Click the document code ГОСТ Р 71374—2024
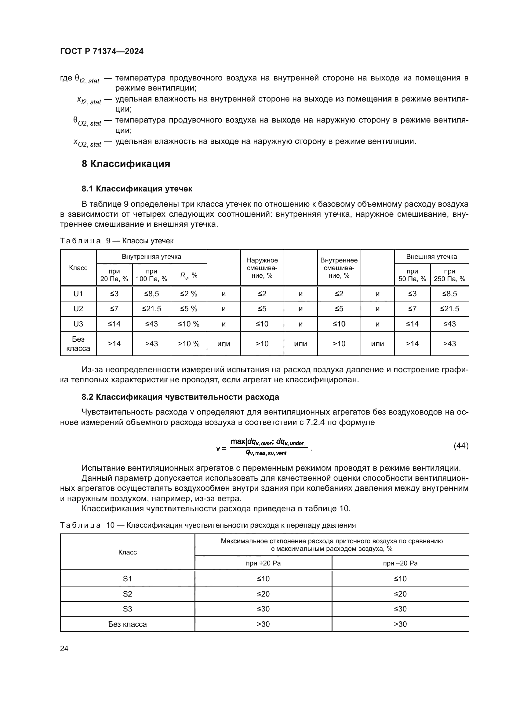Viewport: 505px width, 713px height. (102, 51)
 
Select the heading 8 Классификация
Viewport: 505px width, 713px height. (125, 164)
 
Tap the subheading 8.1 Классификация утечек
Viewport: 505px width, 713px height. (137, 189)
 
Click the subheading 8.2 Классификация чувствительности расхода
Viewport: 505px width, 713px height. (180, 397)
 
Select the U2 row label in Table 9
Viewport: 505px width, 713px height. (78, 309)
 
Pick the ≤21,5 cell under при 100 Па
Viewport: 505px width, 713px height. (151, 309)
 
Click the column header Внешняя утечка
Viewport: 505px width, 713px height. (431, 256)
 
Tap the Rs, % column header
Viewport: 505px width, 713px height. (189, 275)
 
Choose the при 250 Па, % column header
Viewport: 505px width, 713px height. (449, 275)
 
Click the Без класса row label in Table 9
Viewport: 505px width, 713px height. (78, 344)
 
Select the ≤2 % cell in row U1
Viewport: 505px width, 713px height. (189, 294)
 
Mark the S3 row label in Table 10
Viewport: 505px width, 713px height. (128, 609)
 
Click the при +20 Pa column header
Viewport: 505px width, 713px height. (263, 563)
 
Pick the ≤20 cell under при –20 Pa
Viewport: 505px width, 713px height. (400, 594)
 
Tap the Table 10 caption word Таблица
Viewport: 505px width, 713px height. (80, 525)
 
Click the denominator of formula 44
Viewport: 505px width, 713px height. (266, 453)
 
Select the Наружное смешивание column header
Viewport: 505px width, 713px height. (262, 268)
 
